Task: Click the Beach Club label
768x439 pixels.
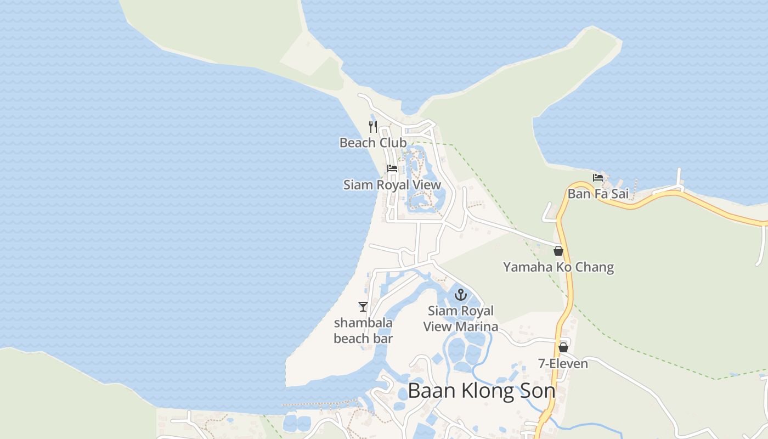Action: pyautogui.click(x=373, y=143)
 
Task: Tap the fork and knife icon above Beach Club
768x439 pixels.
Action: pyautogui.click(x=373, y=127)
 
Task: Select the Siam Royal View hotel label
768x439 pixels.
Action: pyautogui.click(x=392, y=185)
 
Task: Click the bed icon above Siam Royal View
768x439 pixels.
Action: pyautogui.click(x=392, y=168)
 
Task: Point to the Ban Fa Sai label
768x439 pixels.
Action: pyautogui.click(x=598, y=194)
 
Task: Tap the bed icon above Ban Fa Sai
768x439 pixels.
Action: pyautogui.click(x=598, y=177)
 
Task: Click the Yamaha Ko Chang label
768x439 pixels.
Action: pyautogui.click(x=558, y=268)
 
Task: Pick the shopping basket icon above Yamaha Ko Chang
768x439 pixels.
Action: pyautogui.click(x=558, y=251)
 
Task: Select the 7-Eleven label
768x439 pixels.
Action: pyautogui.click(x=563, y=364)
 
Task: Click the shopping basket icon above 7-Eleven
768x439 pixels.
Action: pyautogui.click(x=563, y=347)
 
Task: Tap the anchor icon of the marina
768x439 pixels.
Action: pyautogui.click(x=460, y=295)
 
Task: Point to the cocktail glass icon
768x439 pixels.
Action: pyautogui.click(x=363, y=307)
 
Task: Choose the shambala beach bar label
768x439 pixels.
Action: pyautogui.click(x=363, y=330)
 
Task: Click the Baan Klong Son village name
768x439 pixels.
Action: pyautogui.click(x=482, y=391)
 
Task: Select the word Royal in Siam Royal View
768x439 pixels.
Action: pyautogui.click(x=392, y=185)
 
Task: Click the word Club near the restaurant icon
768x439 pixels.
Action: pyautogui.click(x=390, y=143)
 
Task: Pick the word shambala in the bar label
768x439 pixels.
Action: pyautogui.click(x=363, y=323)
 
